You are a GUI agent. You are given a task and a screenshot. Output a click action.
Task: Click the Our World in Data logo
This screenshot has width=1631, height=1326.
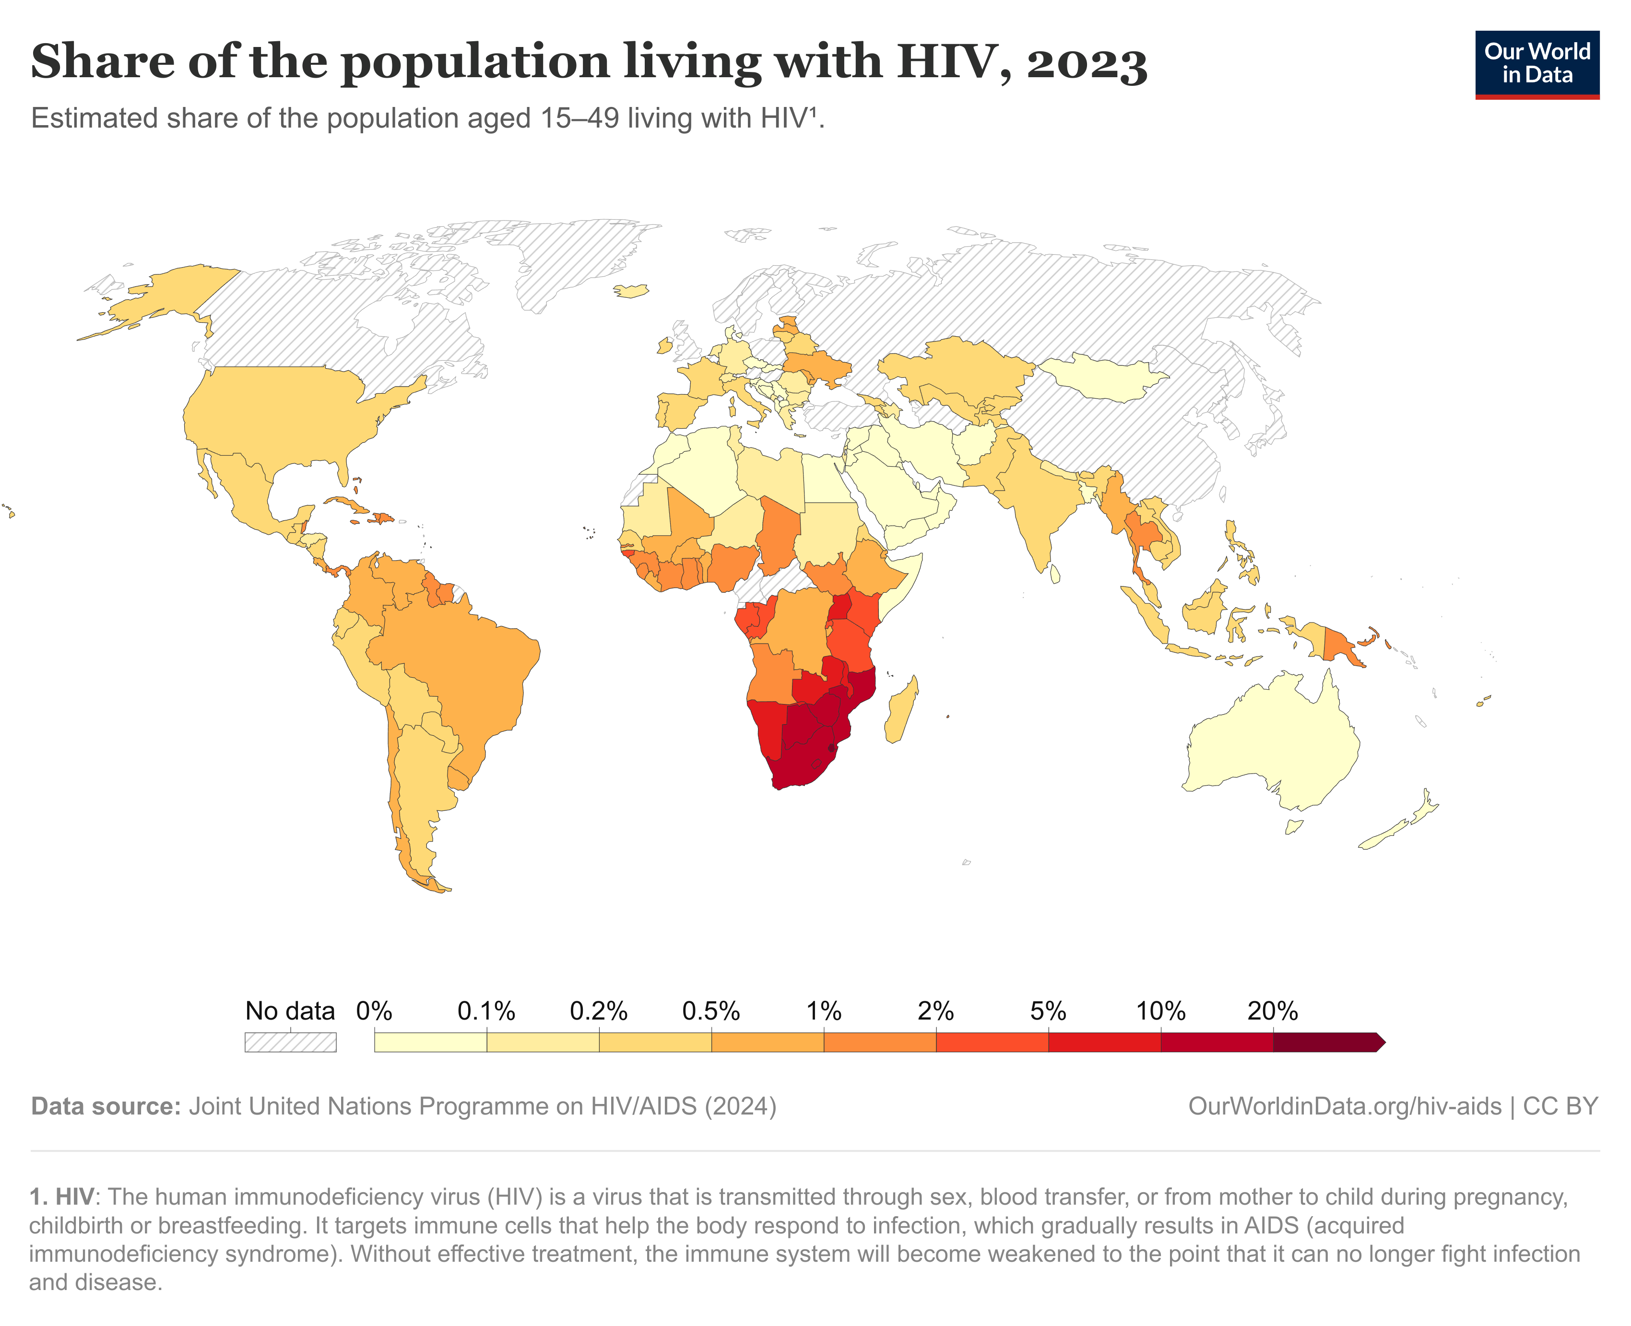(x=1536, y=64)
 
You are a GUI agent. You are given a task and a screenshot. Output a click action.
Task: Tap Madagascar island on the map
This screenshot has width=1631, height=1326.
(x=901, y=710)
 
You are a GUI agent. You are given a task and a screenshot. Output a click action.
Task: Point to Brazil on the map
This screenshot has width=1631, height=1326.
(x=451, y=665)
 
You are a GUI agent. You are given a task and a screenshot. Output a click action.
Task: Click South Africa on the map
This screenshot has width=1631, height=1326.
(x=802, y=764)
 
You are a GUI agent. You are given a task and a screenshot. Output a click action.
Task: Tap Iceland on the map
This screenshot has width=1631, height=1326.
(x=631, y=291)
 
